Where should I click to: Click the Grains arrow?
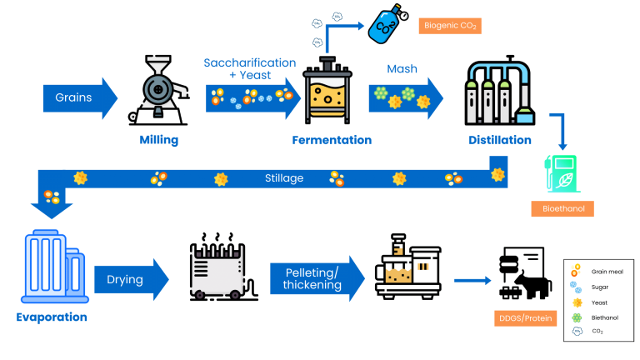point(80,98)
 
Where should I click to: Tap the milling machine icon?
point(159,90)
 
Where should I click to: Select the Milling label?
point(159,140)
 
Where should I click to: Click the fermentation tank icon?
point(327,90)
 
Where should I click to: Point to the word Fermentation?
point(332,140)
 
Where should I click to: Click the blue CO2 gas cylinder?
point(387,23)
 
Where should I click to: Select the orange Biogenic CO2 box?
point(450,26)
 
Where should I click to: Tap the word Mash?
point(402,68)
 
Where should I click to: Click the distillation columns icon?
point(500,90)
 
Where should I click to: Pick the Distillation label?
point(500,140)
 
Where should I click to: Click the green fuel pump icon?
point(562,173)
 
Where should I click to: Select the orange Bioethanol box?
point(562,208)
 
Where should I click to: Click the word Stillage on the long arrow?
point(284,178)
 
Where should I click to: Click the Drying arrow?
point(132,280)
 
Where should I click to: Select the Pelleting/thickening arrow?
point(317,279)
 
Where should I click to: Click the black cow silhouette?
point(532,285)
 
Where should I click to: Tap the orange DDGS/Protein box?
point(525,318)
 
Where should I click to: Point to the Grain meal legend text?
point(607,272)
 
